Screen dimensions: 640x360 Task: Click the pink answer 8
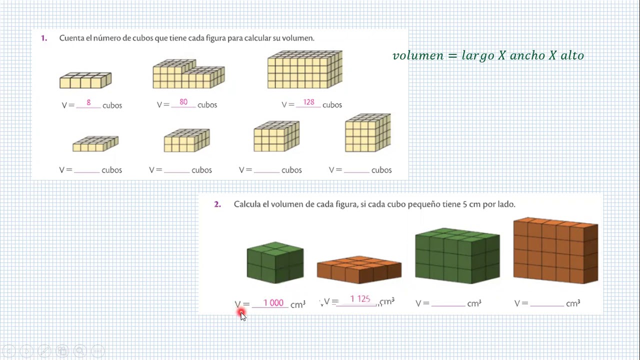click(x=88, y=102)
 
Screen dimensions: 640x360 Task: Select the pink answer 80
click(x=183, y=101)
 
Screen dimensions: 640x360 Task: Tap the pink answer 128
click(x=308, y=102)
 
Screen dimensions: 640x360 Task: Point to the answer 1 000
click(x=273, y=302)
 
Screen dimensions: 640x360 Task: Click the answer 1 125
click(x=360, y=299)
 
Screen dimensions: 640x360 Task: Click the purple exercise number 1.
click(x=43, y=38)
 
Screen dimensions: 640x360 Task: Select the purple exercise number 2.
click(x=217, y=204)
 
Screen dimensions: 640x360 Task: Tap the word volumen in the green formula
click(x=418, y=55)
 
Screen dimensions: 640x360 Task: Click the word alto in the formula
click(x=572, y=55)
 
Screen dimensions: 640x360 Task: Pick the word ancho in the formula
click(x=527, y=55)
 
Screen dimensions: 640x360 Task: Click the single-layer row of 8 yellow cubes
click(x=85, y=80)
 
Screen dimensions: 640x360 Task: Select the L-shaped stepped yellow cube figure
click(x=189, y=73)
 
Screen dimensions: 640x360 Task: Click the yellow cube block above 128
click(x=305, y=69)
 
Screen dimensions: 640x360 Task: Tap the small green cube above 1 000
click(x=275, y=262)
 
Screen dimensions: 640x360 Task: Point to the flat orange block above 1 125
click(x=359, y=269)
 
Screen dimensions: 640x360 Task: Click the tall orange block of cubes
click(x=555, y=250)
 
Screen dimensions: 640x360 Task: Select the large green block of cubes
click(x=457, y=255)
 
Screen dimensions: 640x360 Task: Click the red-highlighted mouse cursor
click(x=241, y=314)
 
